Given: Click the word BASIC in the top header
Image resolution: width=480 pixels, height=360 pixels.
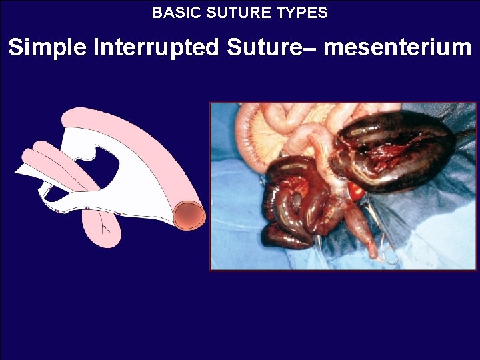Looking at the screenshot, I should click(171, 13).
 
